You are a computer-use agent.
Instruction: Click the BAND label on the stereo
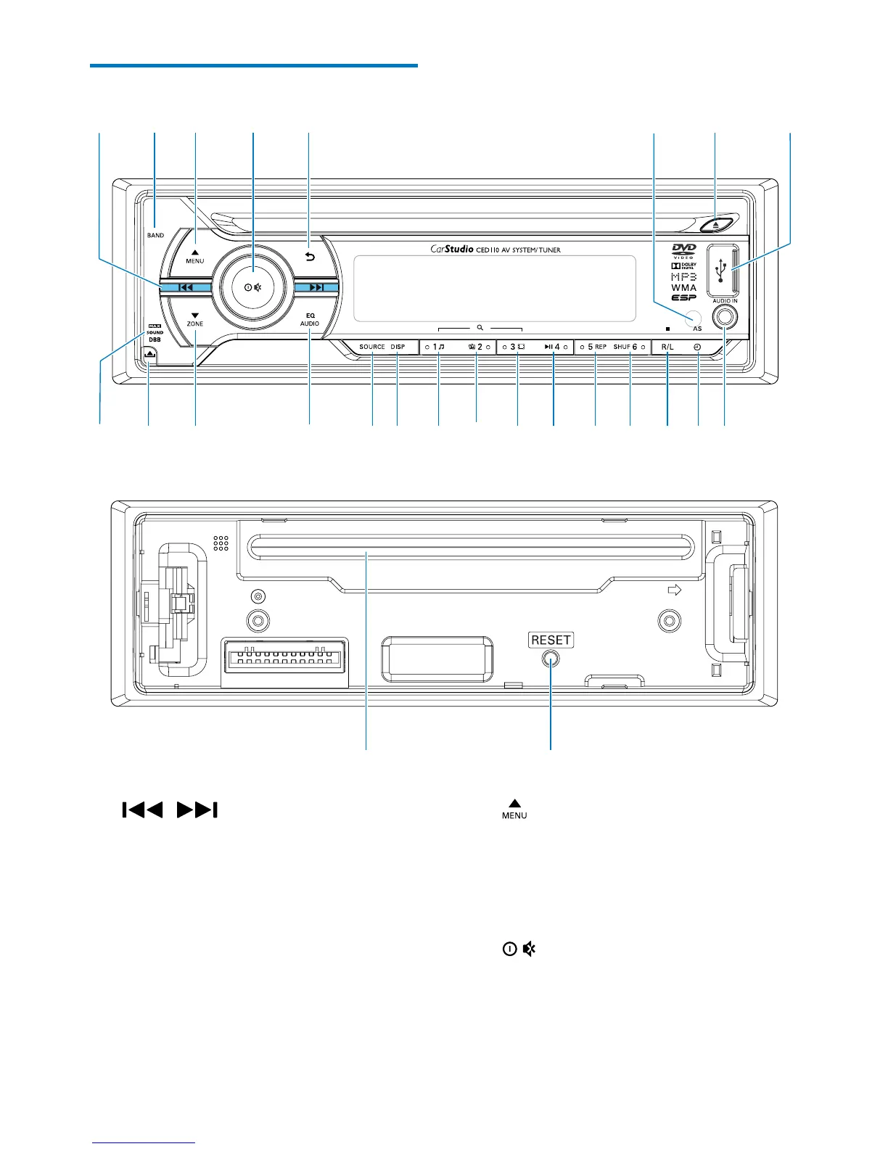coord(155,236)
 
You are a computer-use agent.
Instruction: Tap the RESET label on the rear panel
coord(551,640)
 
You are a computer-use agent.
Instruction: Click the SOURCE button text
coord(372,347)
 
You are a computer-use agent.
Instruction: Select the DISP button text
coord(398,347)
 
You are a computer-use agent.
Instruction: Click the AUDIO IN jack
coord(725,316)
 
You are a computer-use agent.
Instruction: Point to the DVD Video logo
coord(684,251)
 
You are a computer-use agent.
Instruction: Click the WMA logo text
coord(684,288)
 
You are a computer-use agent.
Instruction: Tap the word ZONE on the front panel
coord(195,324)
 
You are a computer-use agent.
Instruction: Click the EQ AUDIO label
coord(310,320)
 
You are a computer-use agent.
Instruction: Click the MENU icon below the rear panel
coord(514,809)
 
